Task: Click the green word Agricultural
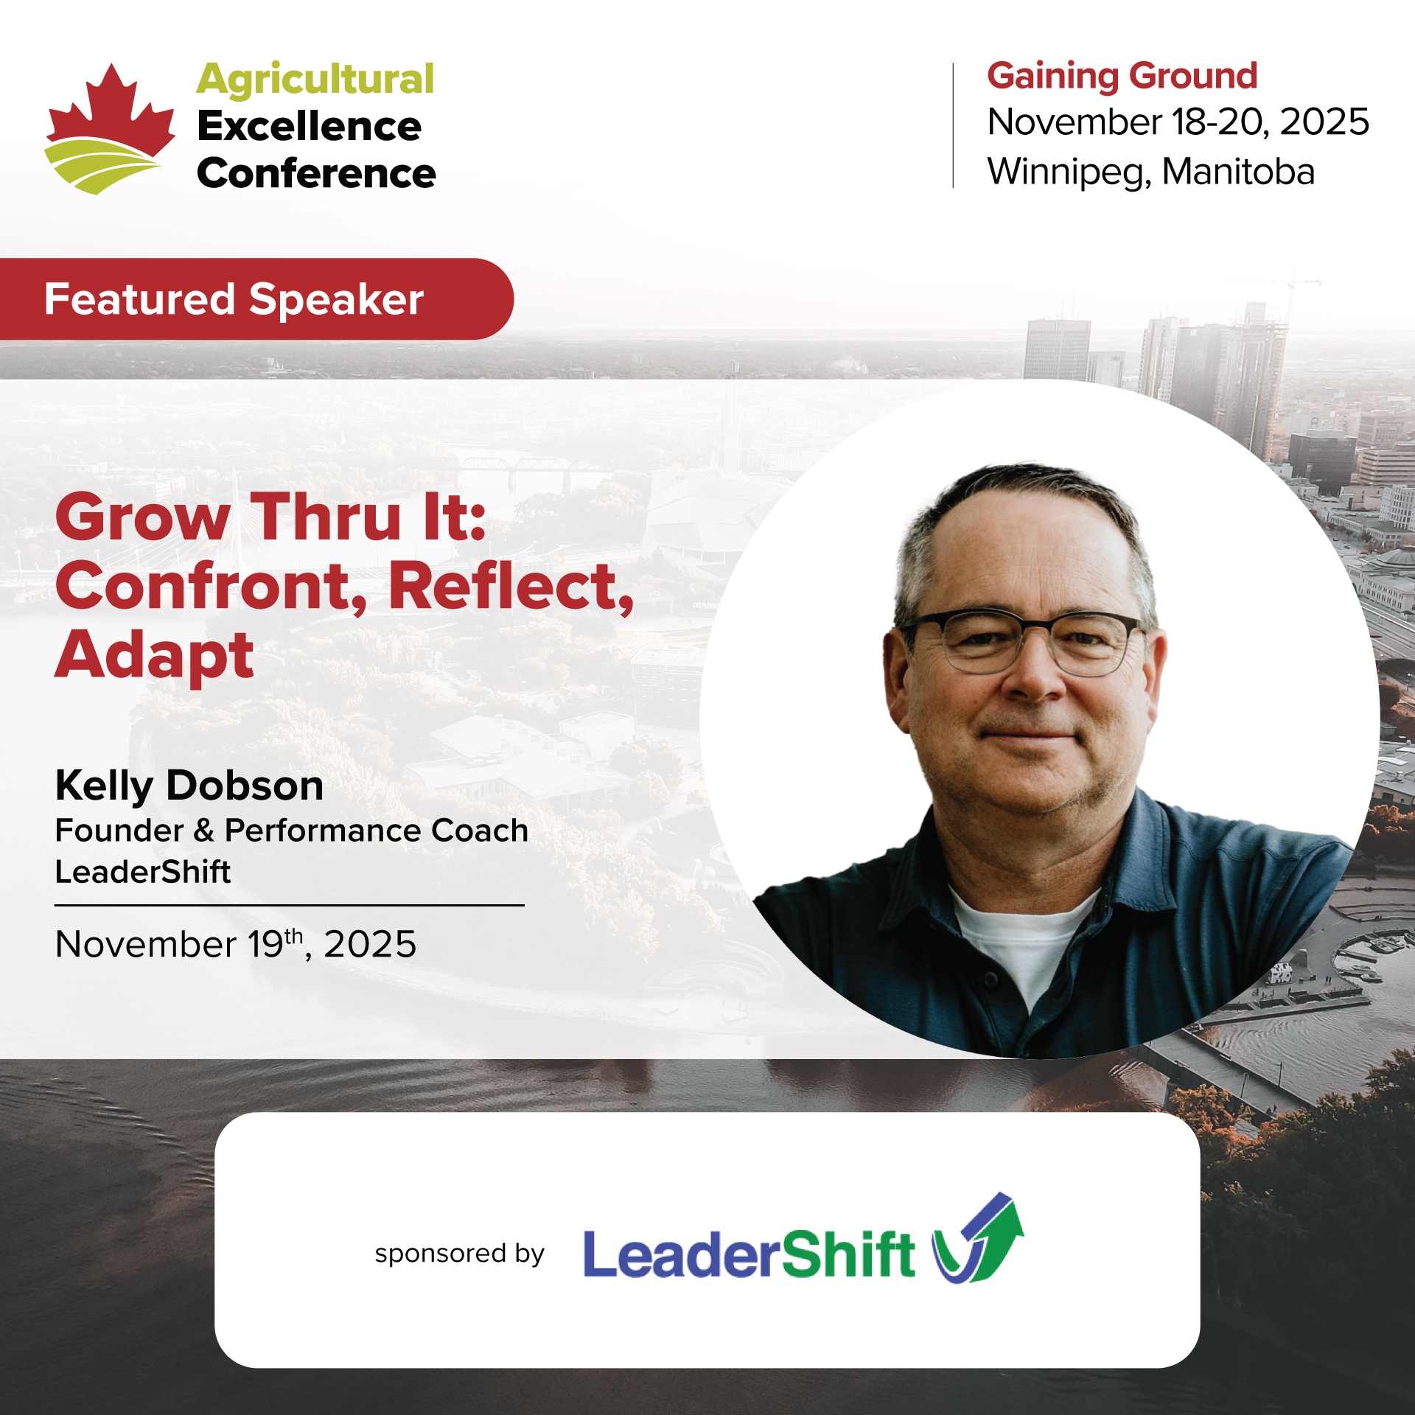315,80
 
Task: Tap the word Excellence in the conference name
310,126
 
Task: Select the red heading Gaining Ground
1122,76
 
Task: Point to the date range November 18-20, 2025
1178,122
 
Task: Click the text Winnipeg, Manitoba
1151,172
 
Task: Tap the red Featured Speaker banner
256,298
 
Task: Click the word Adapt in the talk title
155,655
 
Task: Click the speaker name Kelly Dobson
189,785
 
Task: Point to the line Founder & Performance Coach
292,831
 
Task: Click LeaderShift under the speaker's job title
143,872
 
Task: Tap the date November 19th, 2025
236,944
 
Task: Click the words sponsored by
459,1254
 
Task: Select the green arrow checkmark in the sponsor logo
980,1238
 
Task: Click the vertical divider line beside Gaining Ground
954,125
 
